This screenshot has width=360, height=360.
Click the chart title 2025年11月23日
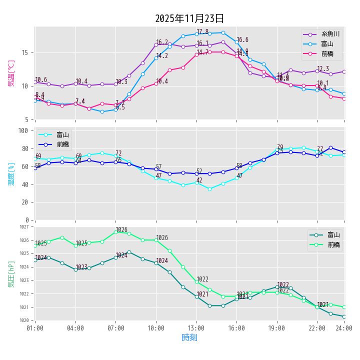[189, 18]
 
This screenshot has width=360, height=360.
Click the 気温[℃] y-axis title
[11, 73]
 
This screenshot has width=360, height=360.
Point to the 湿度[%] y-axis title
[11, 173]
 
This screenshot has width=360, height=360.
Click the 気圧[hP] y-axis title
[11, 274]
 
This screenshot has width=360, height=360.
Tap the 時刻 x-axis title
[189, 338]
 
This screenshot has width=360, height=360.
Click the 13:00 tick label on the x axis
[196, 328]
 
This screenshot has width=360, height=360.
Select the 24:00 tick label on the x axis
[344, 328]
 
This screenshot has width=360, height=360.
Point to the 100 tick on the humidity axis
[22, 130]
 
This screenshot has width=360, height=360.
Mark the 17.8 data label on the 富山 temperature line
[202, 31]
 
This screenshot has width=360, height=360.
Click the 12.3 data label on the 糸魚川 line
[323, 69]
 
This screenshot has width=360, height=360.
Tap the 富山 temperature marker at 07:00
[115, 109]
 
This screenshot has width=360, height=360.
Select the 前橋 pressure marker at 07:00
[115, 232]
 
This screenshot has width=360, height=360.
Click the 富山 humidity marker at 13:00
[196, 182]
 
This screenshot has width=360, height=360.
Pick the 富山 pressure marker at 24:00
[344, 316]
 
